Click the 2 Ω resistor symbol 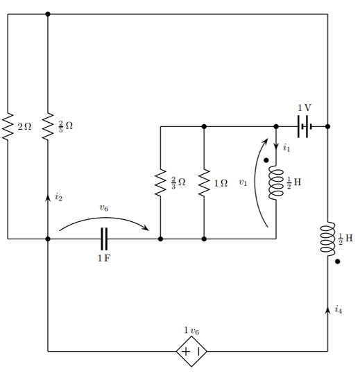pyautogui.click(x=8, y=126)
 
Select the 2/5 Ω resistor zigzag pyautogui.click(x=48, y=126)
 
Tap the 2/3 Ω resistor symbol pyautogui.click(x=160, y=182)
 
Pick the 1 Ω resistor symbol pyautogui.click(x=204, y=182)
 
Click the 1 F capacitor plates pyautogui.click(x=104, y=239)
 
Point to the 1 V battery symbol pyautogui.click(x=305, y=126)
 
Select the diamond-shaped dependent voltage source pyautogui.click(x=191, y=351)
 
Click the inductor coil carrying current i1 pyautogui.click(x=276, y=182)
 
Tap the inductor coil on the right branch pyautogui.click(x=327, y=239)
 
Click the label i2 pyautogui.click(x=58, y=197)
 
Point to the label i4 pyautogui.click(x=338, y=309)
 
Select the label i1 pyautogui.click(x=286, y=147)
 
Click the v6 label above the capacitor pyautogui.click(x=104, y=207)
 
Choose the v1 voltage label pyautogui.click(x=243, y=182)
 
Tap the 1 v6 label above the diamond pyautogui.click(x=191, y=331)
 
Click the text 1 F pyautogui.click(x=104, y=258)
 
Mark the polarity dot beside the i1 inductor pyautogui.click(x=266, y=160)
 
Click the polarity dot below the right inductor pyautogui.click(x=338, y=261)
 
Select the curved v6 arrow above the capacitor pyautogui.click(x=103, y=218)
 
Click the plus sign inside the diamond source pyautogui.click(x=186, y=352)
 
